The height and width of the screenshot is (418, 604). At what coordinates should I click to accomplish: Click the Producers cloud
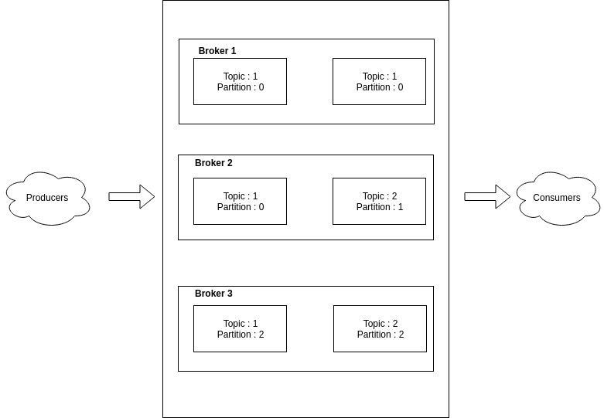coord(47,198)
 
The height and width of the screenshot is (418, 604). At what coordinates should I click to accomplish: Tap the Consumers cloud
coord(557,198)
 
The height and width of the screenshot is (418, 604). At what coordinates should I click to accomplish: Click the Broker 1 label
coord(217,51)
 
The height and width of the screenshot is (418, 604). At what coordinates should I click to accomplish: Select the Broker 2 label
coord(213,163)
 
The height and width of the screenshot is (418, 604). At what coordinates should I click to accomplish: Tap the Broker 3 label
coord(213,294)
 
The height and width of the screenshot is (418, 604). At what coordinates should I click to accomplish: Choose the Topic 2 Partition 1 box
coord(379,201)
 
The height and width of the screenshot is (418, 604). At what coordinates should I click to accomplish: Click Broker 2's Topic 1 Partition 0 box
coord(240,201)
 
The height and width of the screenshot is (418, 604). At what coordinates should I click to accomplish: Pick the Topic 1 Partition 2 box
coord(240,328)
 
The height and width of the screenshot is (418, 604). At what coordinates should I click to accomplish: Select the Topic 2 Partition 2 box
coord(380,328)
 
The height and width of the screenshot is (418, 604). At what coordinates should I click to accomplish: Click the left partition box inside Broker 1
coord(240,81)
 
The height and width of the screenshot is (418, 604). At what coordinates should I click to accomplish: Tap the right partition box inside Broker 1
coord(379,81)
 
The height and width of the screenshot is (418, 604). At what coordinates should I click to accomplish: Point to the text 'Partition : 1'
coord(380,207)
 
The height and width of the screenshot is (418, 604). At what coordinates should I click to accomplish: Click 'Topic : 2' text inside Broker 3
coord(380,324)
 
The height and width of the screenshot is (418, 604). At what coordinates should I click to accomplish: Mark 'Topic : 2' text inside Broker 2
coord(380,196)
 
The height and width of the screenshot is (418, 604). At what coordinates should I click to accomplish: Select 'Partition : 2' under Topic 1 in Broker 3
coord(241,335)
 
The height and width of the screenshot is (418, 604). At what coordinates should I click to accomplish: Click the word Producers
coord(47,198)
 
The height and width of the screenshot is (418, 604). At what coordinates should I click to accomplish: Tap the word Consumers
coord(557,198)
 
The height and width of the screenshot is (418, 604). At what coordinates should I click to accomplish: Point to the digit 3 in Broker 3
coord(229,294)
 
